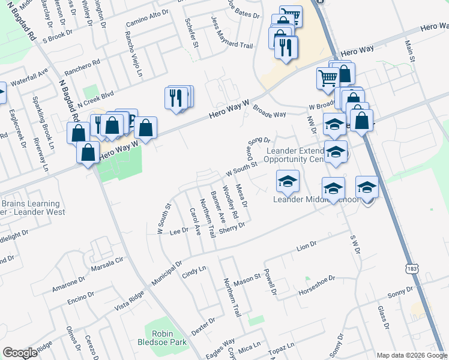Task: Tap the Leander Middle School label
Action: coord(316,200)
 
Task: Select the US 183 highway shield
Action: coord(411,265)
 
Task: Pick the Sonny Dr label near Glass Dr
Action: coord(400,293)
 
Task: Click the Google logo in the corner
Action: coord(20,353)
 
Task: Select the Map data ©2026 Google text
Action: coord(412,355)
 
